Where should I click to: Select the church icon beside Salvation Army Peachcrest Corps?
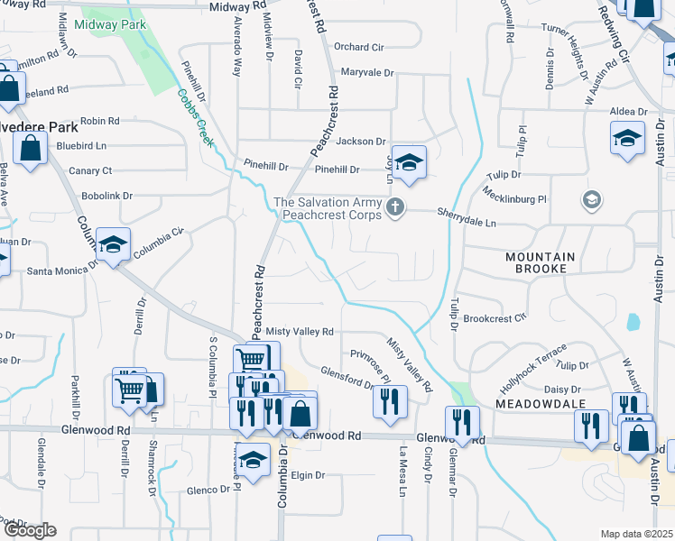(x=394, y=208)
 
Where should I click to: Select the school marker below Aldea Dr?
(x=627, y=139)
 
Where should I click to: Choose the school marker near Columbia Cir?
(x=114, y=244)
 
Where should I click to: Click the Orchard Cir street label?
(x=359, y=47)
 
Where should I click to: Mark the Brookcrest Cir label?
(x=494, y=318)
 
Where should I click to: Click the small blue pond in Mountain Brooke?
(x=633, y=320)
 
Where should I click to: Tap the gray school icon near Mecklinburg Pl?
(x=592, y=198)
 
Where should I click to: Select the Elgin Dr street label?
(x=307, y=475)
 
